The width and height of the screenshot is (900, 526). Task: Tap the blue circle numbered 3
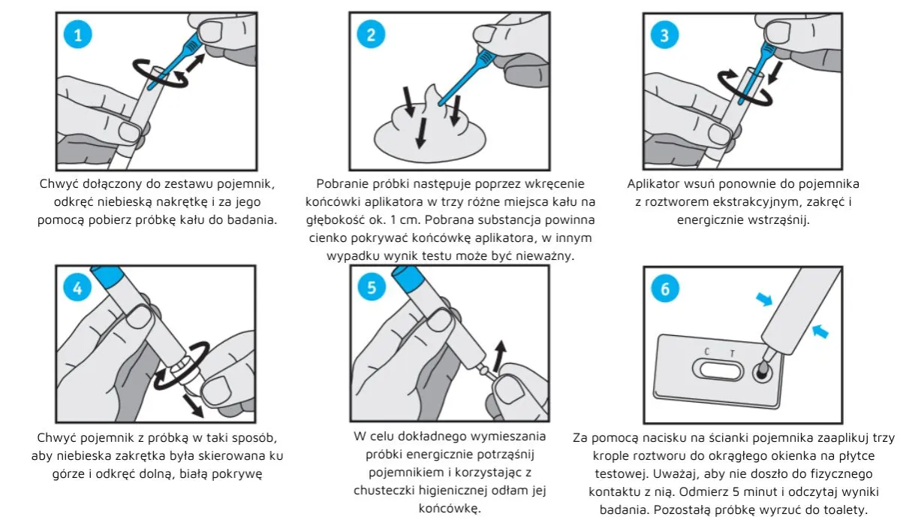coord(665,35)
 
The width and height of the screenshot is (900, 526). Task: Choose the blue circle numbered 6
coord(665,289)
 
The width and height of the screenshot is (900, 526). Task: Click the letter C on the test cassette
coord(706,351)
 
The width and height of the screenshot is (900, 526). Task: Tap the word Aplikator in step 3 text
coord(655,183)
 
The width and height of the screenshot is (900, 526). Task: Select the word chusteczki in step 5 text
coord(387,489)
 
